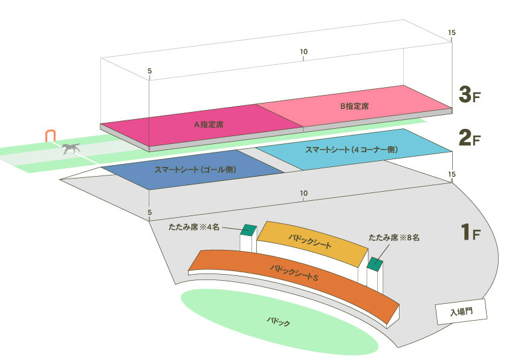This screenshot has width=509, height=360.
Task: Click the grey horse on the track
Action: (71, 148)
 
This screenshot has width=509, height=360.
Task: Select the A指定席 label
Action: (209, 125)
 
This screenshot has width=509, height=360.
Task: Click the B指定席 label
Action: (354, 106)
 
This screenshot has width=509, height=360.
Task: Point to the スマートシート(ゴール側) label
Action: (195, 169)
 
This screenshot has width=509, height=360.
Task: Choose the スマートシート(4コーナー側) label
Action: (352, 150)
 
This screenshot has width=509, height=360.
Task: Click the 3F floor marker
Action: (469, 94)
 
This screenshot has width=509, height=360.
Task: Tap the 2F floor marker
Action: (469, 138)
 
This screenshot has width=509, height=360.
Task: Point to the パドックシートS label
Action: (294, 273)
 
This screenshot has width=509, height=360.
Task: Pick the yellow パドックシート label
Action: (310, 241)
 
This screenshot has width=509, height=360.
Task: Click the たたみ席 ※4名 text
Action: (194, 227)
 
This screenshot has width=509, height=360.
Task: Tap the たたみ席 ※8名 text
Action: (394, 238)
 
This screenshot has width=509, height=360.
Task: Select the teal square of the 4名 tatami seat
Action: (248, 230)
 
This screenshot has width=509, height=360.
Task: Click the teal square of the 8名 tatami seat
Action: (375, 263)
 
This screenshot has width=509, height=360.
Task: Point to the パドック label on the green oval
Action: (278, 322)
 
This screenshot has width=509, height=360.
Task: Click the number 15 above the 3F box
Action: (452, 33)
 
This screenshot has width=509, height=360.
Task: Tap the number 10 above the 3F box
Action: (303, 51)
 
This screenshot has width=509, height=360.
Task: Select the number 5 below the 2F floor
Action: (150, 212)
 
